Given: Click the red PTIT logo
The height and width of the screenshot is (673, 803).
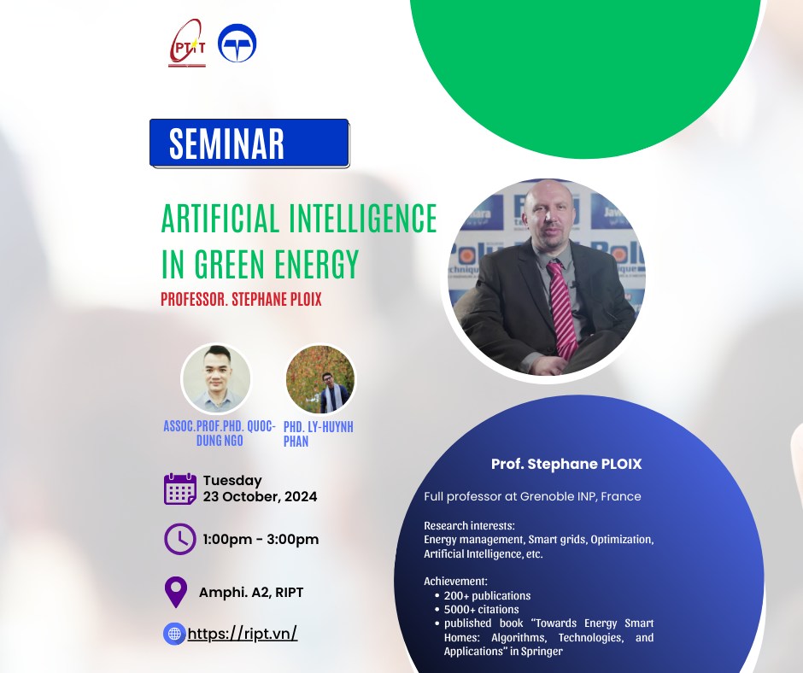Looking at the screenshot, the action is pos(187,44).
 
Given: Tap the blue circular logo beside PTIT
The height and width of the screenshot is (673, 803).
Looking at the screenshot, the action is pos(237,43).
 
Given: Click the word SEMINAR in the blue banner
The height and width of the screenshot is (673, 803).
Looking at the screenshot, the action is pos(226,143).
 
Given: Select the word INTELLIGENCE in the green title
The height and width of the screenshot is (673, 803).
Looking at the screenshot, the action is pos(362,218).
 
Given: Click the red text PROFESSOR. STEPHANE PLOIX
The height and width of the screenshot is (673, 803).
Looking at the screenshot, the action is pos(241,299).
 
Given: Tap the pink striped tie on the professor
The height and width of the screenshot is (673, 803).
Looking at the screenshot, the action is pos(562,309).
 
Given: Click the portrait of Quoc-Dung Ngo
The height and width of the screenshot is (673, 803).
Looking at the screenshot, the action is pos(216,379).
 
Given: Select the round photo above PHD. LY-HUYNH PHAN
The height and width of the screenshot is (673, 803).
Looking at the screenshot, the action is pos(320,379).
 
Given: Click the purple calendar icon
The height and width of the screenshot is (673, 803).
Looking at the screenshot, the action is pos(180,489).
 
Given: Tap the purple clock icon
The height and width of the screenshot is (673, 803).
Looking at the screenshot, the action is pos(179,539).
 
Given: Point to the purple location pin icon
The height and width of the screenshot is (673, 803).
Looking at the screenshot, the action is pos(176,592).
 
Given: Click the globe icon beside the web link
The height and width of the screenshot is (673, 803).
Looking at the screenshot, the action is pos(174,634).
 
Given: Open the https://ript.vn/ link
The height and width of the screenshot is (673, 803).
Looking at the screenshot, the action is pos(243,634).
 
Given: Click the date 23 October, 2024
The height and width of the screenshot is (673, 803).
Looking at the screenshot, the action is pos(261,497).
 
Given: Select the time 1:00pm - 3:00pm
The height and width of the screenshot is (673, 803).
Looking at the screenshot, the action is pos(261,539).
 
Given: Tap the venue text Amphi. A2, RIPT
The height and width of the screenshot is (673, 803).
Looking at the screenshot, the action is pos(251,593).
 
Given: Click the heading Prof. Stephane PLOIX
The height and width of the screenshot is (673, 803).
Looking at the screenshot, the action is pos(566,464).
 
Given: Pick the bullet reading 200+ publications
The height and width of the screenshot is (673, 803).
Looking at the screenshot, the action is pos(487,595).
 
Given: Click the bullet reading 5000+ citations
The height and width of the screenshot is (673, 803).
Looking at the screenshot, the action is pos(482,610).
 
